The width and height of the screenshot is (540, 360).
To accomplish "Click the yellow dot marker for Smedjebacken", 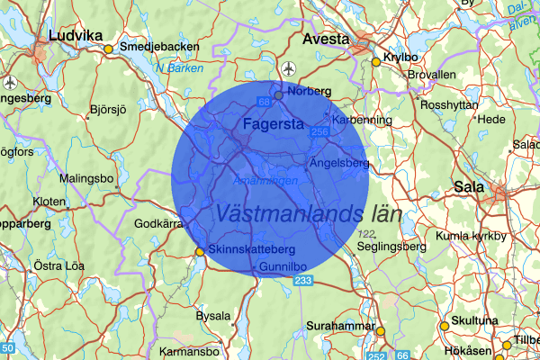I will (108, 49).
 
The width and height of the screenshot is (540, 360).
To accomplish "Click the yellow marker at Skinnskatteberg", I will (200, 252).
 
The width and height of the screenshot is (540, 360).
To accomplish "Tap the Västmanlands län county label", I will (308, 214).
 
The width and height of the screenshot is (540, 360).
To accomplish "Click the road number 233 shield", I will (302, 283).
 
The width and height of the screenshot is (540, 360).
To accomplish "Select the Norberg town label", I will (310, 91).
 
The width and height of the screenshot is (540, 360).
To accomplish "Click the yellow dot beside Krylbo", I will (376, 62).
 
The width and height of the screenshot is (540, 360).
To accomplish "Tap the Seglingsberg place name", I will (391, 246).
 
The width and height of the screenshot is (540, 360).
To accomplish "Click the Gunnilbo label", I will (283, 268).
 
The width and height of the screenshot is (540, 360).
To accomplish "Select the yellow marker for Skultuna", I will (444, 327).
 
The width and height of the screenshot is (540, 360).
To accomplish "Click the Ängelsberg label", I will (339, 164).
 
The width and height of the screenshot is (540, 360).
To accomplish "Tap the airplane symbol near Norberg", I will (287, 69).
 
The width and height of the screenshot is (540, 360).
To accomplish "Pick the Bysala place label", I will (213, 316).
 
